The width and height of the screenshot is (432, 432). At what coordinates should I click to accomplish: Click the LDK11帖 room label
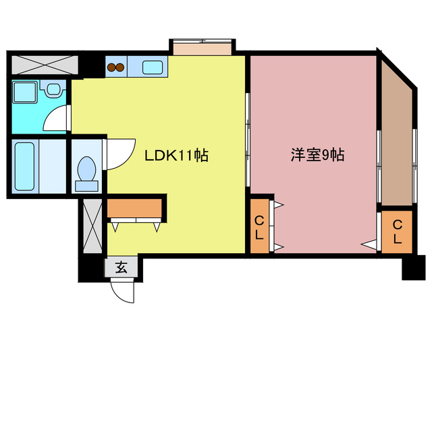(176, 156)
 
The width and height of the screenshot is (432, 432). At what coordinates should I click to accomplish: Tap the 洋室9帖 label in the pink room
(317, 155)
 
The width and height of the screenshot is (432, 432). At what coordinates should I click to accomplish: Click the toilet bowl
(86, 171)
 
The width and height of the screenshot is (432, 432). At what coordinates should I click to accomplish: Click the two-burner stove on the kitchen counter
(115, 67)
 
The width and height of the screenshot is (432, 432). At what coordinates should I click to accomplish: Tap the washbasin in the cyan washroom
(53, 88)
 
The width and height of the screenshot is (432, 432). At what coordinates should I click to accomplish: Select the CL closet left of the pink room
(259, 227)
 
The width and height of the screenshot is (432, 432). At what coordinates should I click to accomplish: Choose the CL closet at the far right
(397, 232)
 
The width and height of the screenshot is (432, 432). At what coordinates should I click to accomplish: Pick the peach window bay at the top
(202, 48)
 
